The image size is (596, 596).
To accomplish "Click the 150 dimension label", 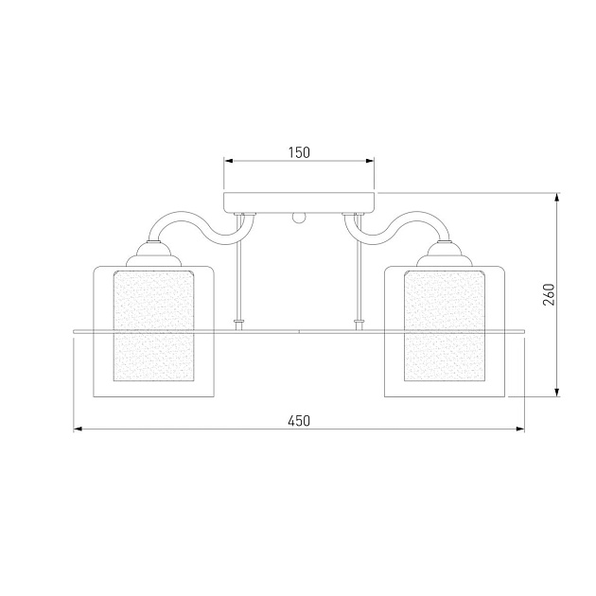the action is click(x=299, y=152).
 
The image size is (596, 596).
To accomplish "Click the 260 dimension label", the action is click(x=549, y=294).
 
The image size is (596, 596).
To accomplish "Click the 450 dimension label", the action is click(x=299, y=421).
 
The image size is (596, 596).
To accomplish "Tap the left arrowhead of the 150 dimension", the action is click(x=228, y=161).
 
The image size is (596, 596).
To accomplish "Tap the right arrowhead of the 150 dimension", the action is click(x=370, y=161).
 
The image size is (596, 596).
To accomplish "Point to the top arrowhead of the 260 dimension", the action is click(x=557, y=198).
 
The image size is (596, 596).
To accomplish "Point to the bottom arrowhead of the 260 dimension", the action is click(x=557, y=393).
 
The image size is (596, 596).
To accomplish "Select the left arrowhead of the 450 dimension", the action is click(x=78, y=429).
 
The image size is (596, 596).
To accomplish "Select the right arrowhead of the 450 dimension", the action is click(x=520, y=429).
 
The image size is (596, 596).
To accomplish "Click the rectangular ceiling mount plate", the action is click(x=299, y=202).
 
